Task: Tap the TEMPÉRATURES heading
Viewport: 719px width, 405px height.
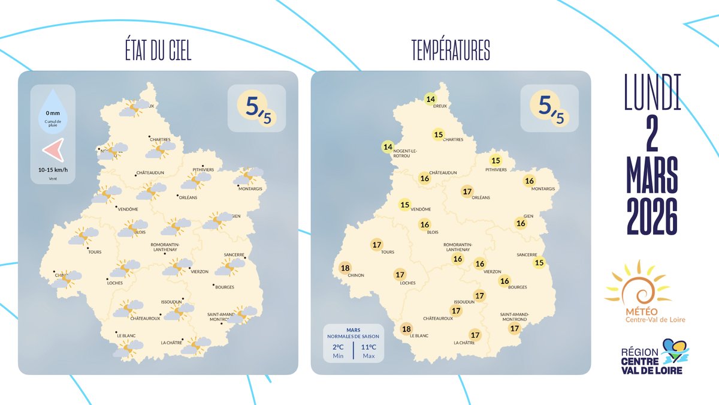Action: point(451,52)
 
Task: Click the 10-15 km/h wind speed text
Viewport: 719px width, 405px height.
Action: point(53,170)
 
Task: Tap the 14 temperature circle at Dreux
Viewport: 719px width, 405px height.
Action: point(430,100)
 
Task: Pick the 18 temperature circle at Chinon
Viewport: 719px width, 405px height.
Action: point(345,268)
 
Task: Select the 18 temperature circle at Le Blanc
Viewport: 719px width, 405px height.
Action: point(406,328)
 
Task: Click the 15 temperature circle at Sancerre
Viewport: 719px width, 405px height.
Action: point(539,262)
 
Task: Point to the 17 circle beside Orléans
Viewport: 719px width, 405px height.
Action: point(467,191)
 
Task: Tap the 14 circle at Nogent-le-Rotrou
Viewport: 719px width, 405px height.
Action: point(388,147)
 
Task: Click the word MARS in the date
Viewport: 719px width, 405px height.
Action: point(652,175)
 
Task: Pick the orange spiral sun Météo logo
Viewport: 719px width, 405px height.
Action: point(638,287)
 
